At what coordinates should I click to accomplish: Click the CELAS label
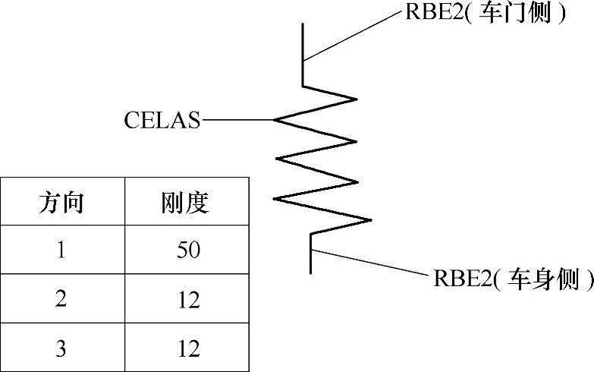coord(163,120)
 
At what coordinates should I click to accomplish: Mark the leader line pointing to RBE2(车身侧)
coord(372,263)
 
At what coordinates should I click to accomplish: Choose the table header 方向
coord(61,202)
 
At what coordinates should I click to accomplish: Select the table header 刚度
coord(185,202)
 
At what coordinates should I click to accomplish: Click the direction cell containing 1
coord(61,251)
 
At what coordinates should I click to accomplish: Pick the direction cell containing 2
coord(61,299)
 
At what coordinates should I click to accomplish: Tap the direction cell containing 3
coord(61,348)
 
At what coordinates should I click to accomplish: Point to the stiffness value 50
coord(185,251)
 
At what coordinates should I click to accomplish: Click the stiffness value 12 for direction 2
coord(185,299)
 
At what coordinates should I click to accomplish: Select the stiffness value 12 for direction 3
coord(185,348)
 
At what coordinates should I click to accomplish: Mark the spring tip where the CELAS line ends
coord(275,120)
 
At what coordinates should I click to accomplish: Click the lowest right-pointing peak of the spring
coord(370,220)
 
